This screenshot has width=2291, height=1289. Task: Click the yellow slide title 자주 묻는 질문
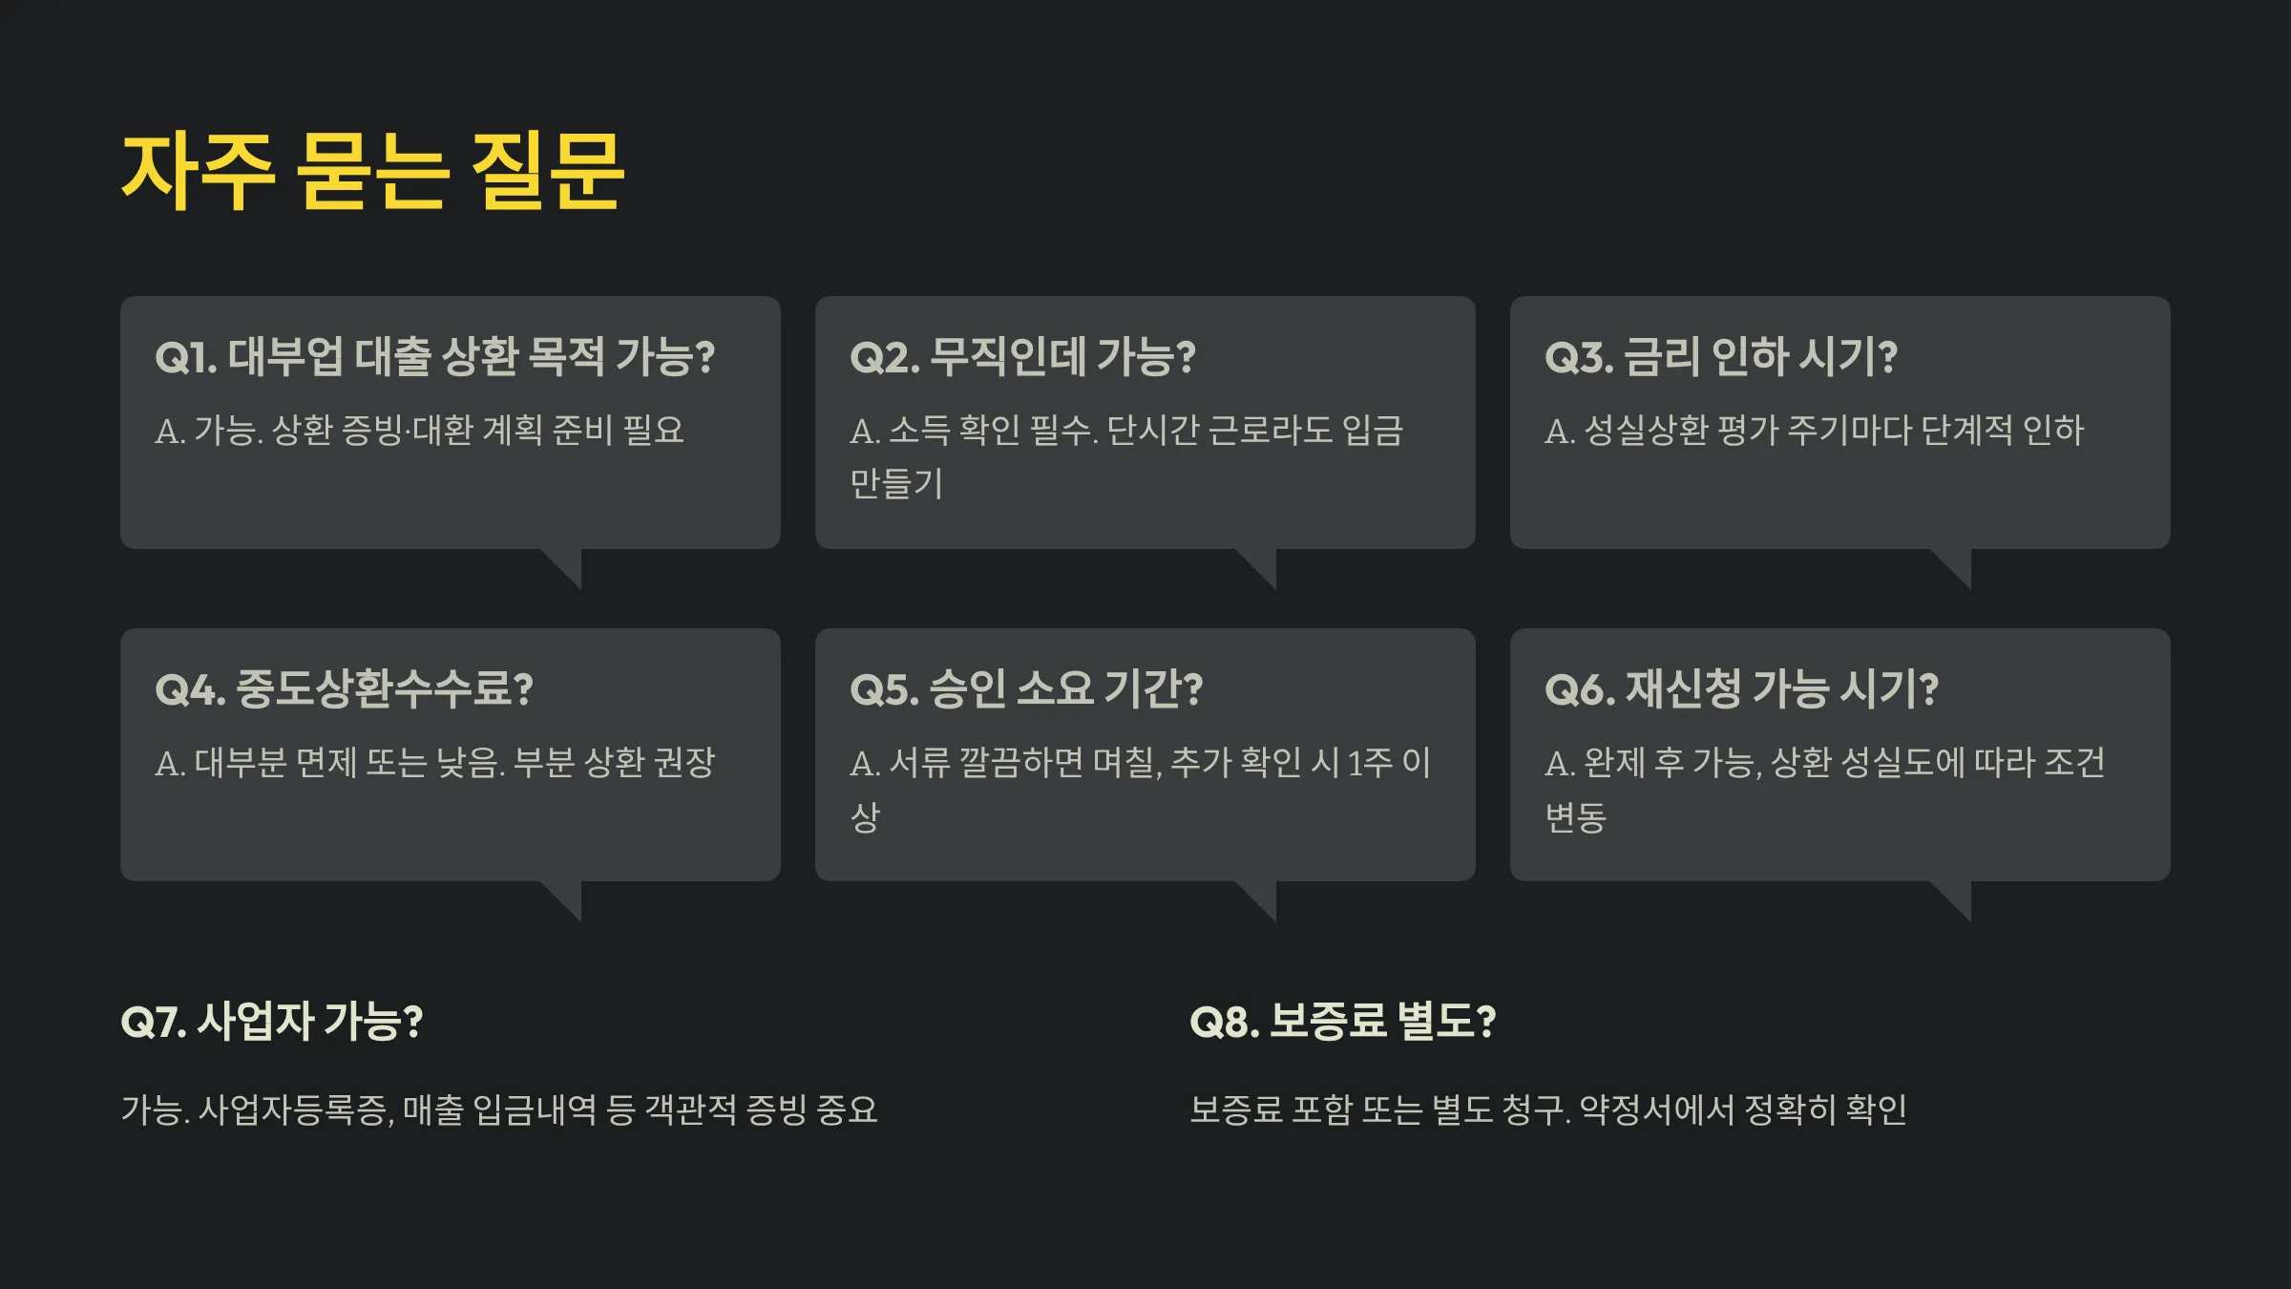click(x=372, y=172)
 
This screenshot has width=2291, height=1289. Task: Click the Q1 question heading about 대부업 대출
click(x=434, y=356)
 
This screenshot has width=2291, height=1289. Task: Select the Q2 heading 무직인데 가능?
click(x=1022, y=356)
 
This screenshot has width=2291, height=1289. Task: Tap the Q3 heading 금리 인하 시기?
click(x=1720, y=356)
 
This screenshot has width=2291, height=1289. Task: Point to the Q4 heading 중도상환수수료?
click(x=344, y=688)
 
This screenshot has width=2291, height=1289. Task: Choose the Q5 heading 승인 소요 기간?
click(x=1026, y=688)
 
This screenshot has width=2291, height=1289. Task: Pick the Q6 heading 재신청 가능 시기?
click(x=1741, y=688)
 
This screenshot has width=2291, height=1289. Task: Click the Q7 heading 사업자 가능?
click(x=272, y=1021)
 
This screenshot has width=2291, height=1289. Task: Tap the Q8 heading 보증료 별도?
click(x=1342, y=1021)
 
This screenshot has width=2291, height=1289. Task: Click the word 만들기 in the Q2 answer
click(x=896, y=483)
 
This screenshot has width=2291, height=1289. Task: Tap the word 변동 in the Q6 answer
click(x=1576, y=816)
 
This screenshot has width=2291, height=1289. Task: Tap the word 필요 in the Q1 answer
click(x=654, y=430)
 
